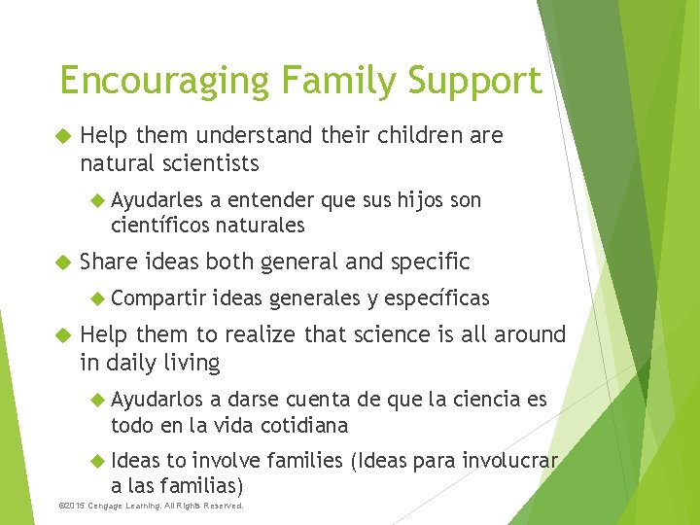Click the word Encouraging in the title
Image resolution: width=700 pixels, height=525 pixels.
[163, 81]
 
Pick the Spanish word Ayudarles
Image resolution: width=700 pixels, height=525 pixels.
[157, 200]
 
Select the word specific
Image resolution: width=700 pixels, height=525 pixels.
[430, 262]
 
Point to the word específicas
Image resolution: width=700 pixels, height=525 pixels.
[434, 298]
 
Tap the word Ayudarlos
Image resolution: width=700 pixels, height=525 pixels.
[157, 400]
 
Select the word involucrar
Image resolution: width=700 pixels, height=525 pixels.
[510, 461]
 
